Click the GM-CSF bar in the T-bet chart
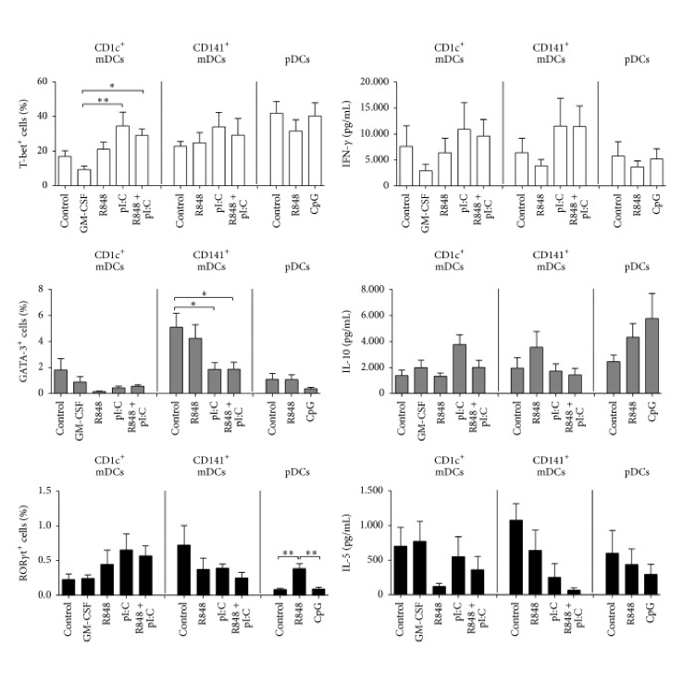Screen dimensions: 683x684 point(84,177)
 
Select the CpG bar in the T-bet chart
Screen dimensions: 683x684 point(315,151)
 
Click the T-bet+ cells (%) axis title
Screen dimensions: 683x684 point(23,133)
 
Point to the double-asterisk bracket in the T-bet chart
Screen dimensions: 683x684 point(103,104)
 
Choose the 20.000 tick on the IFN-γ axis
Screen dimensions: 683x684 point(375,81)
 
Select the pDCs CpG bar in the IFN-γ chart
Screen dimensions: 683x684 point(656,172)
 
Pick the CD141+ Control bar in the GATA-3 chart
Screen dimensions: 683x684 point(176,360)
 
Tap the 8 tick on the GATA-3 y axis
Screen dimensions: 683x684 point(42,289)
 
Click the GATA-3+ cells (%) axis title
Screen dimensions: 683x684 point(23,342)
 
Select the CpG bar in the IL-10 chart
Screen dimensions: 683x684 point(652,355)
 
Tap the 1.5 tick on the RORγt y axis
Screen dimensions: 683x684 point(44,491)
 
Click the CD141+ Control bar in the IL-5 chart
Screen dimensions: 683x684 point(516,557)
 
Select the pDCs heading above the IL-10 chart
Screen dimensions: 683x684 point(637,267)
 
